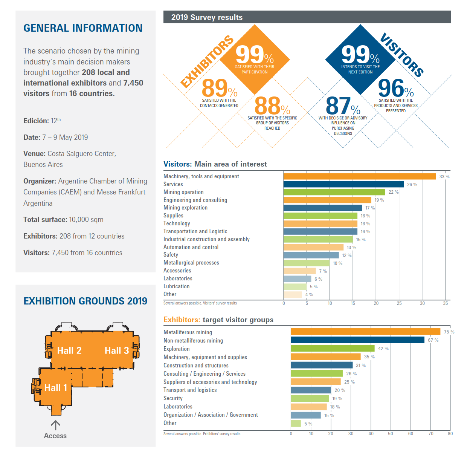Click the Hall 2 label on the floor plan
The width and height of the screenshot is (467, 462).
(x=69, y=350)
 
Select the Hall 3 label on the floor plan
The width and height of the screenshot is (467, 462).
(x=116, y=350)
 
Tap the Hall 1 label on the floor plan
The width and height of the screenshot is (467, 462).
(x=55, y=388)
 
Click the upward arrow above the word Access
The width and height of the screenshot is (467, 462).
(x=55, y=425)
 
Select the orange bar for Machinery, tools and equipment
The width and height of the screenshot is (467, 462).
(x=359, y=176)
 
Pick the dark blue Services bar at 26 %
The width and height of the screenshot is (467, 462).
(x=343, y=184)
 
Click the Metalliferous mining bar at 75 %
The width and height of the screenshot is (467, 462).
(x=365, y=332)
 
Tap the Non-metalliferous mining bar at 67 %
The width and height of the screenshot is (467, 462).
(x=357, y=340)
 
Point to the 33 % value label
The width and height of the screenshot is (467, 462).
(x=444, y=177)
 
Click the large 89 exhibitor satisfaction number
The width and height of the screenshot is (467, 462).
(x=215, y=88)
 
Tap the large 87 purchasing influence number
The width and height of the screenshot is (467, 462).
(x=338, y=106)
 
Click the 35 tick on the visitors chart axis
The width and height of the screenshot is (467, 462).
(x=446, y=303)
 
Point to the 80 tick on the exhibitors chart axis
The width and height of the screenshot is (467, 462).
(x=450, y=434)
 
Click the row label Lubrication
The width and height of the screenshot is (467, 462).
(x=176, y=286)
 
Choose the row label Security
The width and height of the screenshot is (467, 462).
(x=173, y=398)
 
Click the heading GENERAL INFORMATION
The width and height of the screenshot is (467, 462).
(x=83, y=28)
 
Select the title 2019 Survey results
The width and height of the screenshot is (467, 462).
(x=207, y=17)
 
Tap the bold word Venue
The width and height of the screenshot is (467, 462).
(x=34, y=154)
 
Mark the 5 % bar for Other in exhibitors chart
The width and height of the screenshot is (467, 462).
(x=296, y=424)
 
